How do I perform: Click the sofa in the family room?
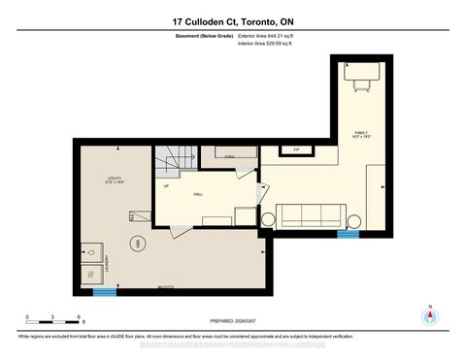[310, 215]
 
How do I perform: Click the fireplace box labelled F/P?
[294, 149]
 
